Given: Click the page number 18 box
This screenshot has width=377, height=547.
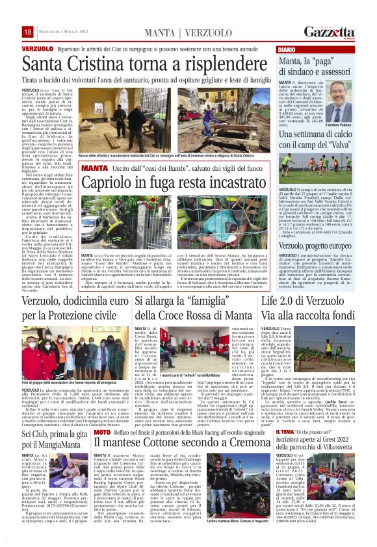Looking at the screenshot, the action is [x=28, y=32].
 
